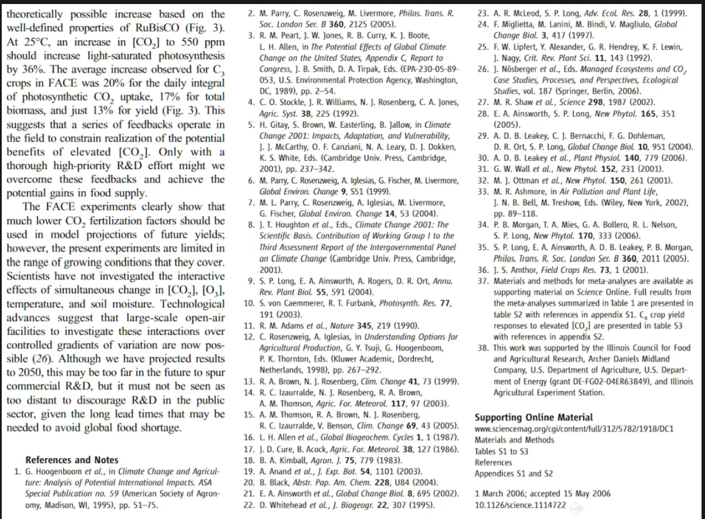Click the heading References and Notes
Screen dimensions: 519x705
tap(72, 459)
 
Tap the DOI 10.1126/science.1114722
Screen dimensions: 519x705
tap(520, 505)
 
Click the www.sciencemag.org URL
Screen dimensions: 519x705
tap(574, 429)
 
